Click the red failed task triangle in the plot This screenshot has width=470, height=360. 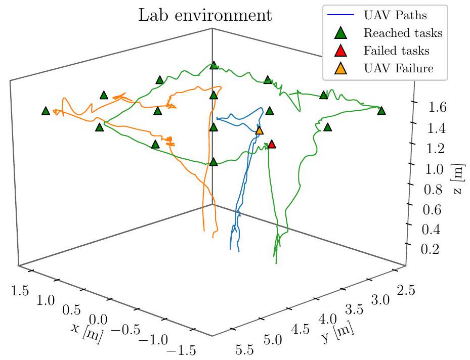coord(272,145)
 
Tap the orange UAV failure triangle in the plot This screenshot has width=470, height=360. coord(260,131)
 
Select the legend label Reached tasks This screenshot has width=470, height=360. coord(403,33)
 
